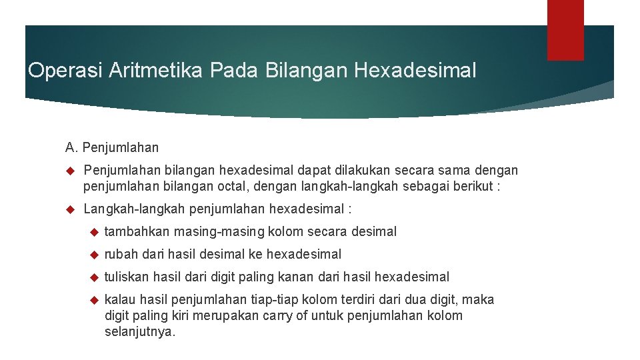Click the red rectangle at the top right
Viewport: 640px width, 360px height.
click(x=565, y=29)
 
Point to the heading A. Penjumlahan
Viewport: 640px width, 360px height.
click(x=112, y=147)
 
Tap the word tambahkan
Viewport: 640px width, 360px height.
click(x=137, y=231)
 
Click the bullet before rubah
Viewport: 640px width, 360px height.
click(x=93, y=254)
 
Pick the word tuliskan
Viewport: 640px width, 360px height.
click(x=127, y=277)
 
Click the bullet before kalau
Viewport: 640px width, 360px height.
click(x=93, y=300)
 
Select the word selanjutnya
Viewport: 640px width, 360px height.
click(x=140, y=331)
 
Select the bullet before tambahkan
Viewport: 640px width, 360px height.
click(x=93, y=231)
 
